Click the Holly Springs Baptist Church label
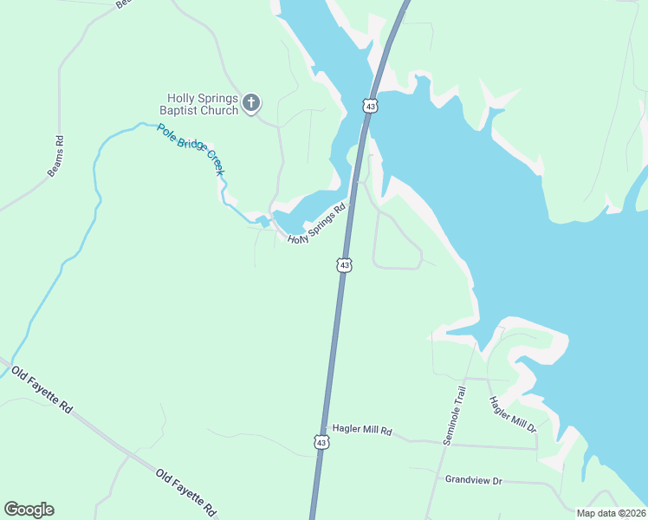(203, 104)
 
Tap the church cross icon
(251, 104)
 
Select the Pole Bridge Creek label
(191, 149)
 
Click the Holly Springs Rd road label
(317, 224)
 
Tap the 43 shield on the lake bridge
(371, 106)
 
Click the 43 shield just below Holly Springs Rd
(345, 264)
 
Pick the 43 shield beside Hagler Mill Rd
(321, 442)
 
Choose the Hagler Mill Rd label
(362, 431)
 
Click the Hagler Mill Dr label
(513, 415)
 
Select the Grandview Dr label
(474, 479)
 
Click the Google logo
(29, 510)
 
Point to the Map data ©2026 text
(612, 513)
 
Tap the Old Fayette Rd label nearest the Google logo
(42, 390)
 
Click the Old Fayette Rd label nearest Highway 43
(186, 491)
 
